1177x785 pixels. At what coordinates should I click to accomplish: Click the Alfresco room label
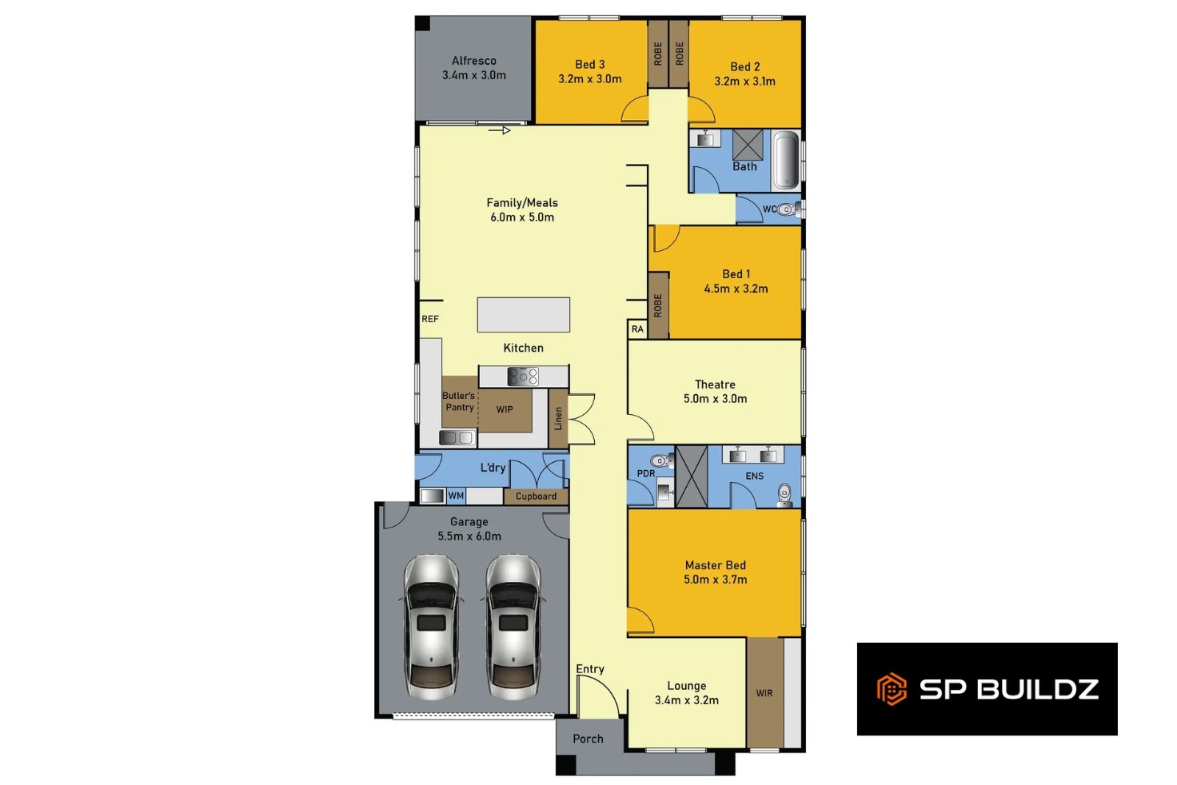point(473,61)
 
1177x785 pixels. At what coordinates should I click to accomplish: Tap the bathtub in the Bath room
point(786,160)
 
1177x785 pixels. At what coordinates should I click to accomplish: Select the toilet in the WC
point(788,209)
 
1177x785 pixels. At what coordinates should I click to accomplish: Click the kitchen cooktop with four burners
point(523,377)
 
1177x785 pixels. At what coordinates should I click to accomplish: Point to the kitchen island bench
point(524,315)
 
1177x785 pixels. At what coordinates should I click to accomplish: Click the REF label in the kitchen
point(430,319)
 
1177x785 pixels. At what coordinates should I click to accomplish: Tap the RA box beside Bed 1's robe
point(637,329)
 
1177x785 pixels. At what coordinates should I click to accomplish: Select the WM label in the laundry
point(456,496)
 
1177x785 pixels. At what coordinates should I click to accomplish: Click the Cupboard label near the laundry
point(536,496)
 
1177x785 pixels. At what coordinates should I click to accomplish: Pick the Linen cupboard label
point(558,418)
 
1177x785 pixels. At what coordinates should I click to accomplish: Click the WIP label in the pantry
point(505,409)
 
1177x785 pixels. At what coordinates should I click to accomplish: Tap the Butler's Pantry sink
point(457,437)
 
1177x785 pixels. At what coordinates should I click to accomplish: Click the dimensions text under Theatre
point(715,399)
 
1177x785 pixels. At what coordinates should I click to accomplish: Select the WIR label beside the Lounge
point(764,693)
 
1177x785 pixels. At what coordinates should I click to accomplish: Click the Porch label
point(588,739)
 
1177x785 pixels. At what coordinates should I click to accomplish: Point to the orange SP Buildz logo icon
point(892,689)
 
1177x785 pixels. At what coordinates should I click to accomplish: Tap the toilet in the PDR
point(661,461)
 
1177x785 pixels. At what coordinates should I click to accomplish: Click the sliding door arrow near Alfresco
point(499,130)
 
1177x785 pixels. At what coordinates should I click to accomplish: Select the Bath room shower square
point(748,144)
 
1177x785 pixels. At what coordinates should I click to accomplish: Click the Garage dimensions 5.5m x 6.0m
point(469,536)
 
